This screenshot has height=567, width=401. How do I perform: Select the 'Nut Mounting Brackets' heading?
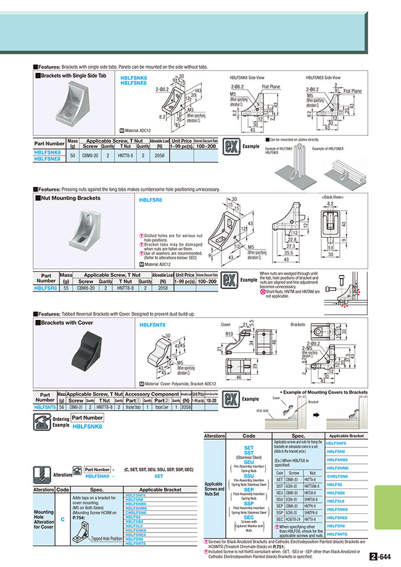point(70,198)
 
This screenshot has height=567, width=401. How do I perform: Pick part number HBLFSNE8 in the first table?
point(48,159)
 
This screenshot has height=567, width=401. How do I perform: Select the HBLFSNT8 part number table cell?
point(45,408)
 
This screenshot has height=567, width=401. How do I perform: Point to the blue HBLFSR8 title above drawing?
point(151,200)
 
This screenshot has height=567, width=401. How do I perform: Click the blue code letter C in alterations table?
point(62,520)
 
